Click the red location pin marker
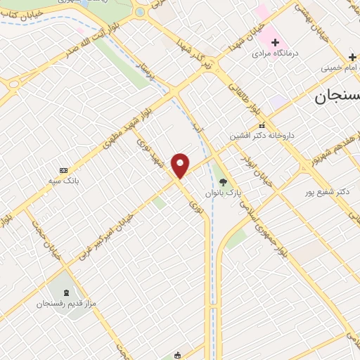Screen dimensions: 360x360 181,165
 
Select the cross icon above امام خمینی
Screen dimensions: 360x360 351,56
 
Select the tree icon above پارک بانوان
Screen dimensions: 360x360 224,181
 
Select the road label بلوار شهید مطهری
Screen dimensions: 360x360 121,134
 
